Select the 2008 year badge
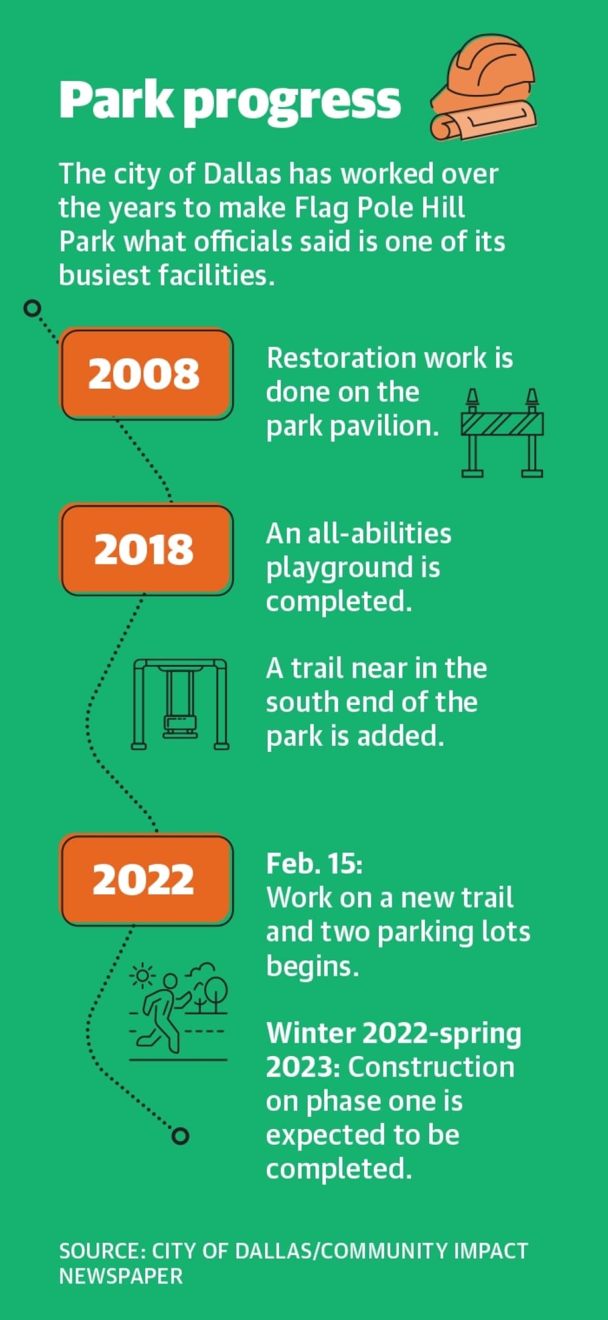click(x=146, y=373)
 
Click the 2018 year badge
click(x=146, y=549)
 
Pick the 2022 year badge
click(x=146, y=880)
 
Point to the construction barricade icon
click(x=502, y=432)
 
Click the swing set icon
click(x=180, y=704)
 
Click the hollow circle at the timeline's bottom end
click(x=180, y=1136)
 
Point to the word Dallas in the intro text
click(x=242, y=174)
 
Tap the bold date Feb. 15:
click(x=314, y=864)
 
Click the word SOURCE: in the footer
click(x=102, y=1251)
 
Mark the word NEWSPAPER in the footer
click(x=121, y=1276)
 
